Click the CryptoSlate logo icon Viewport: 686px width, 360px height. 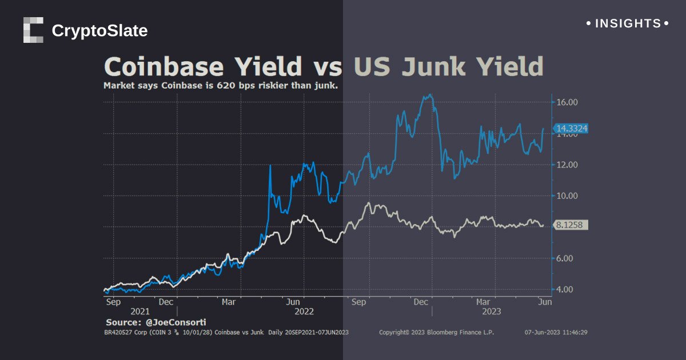point(33,30)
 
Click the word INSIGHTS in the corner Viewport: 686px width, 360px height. point(628,23)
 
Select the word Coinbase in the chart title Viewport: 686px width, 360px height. point(163,67)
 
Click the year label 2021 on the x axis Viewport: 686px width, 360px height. point(140,311)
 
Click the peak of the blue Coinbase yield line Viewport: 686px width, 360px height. point(430,95)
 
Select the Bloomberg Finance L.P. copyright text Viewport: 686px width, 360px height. point(436,332)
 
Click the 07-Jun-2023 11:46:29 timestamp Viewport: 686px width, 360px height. point(556,332)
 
